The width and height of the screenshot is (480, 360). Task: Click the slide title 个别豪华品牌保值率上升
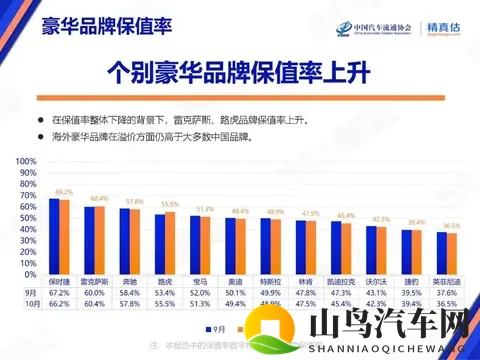pos(239,72)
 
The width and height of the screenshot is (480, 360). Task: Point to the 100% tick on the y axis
pos(25,161)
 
